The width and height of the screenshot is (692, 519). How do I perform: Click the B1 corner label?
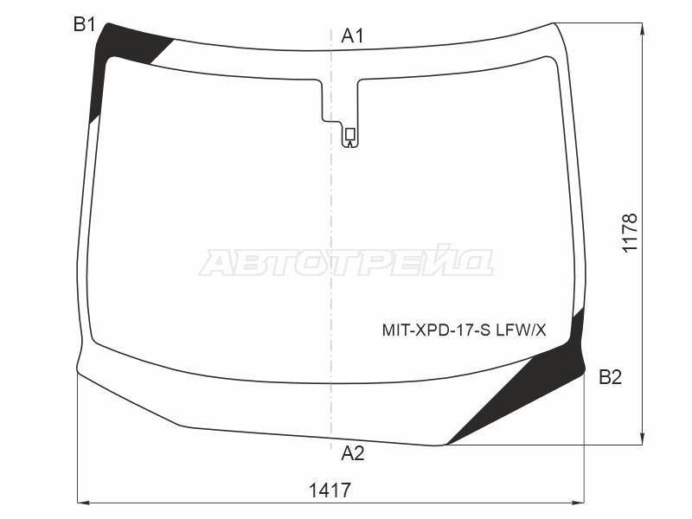click(84, 24)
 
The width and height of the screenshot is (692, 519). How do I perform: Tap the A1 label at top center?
click(353, 35)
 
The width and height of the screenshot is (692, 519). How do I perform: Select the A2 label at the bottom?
click(353, 452)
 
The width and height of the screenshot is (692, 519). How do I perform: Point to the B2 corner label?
click(611, 377)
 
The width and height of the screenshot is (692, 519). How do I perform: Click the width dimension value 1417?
click(330, 490)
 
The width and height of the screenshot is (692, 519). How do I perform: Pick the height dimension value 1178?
click(630, 232)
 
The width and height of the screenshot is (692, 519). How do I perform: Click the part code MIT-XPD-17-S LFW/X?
click(464, 330)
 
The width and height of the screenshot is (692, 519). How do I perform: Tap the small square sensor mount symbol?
click(350, 133)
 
